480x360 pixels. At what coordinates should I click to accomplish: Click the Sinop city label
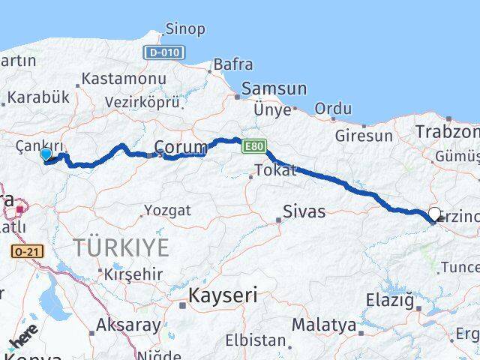184,29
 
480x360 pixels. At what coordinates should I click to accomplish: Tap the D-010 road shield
161,52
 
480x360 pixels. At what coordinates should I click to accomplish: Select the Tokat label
275,171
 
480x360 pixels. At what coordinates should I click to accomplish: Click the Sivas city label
304,211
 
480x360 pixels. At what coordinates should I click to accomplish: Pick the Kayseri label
223,295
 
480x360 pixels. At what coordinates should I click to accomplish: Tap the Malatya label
323,325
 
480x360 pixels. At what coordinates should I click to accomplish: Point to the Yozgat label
166,209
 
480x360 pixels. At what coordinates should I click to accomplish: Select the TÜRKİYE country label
121,247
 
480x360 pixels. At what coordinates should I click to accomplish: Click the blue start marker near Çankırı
46,154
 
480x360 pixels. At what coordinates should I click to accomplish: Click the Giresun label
364,136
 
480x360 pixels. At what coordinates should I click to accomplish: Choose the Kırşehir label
134,274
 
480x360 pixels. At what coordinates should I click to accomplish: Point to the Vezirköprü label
143,101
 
